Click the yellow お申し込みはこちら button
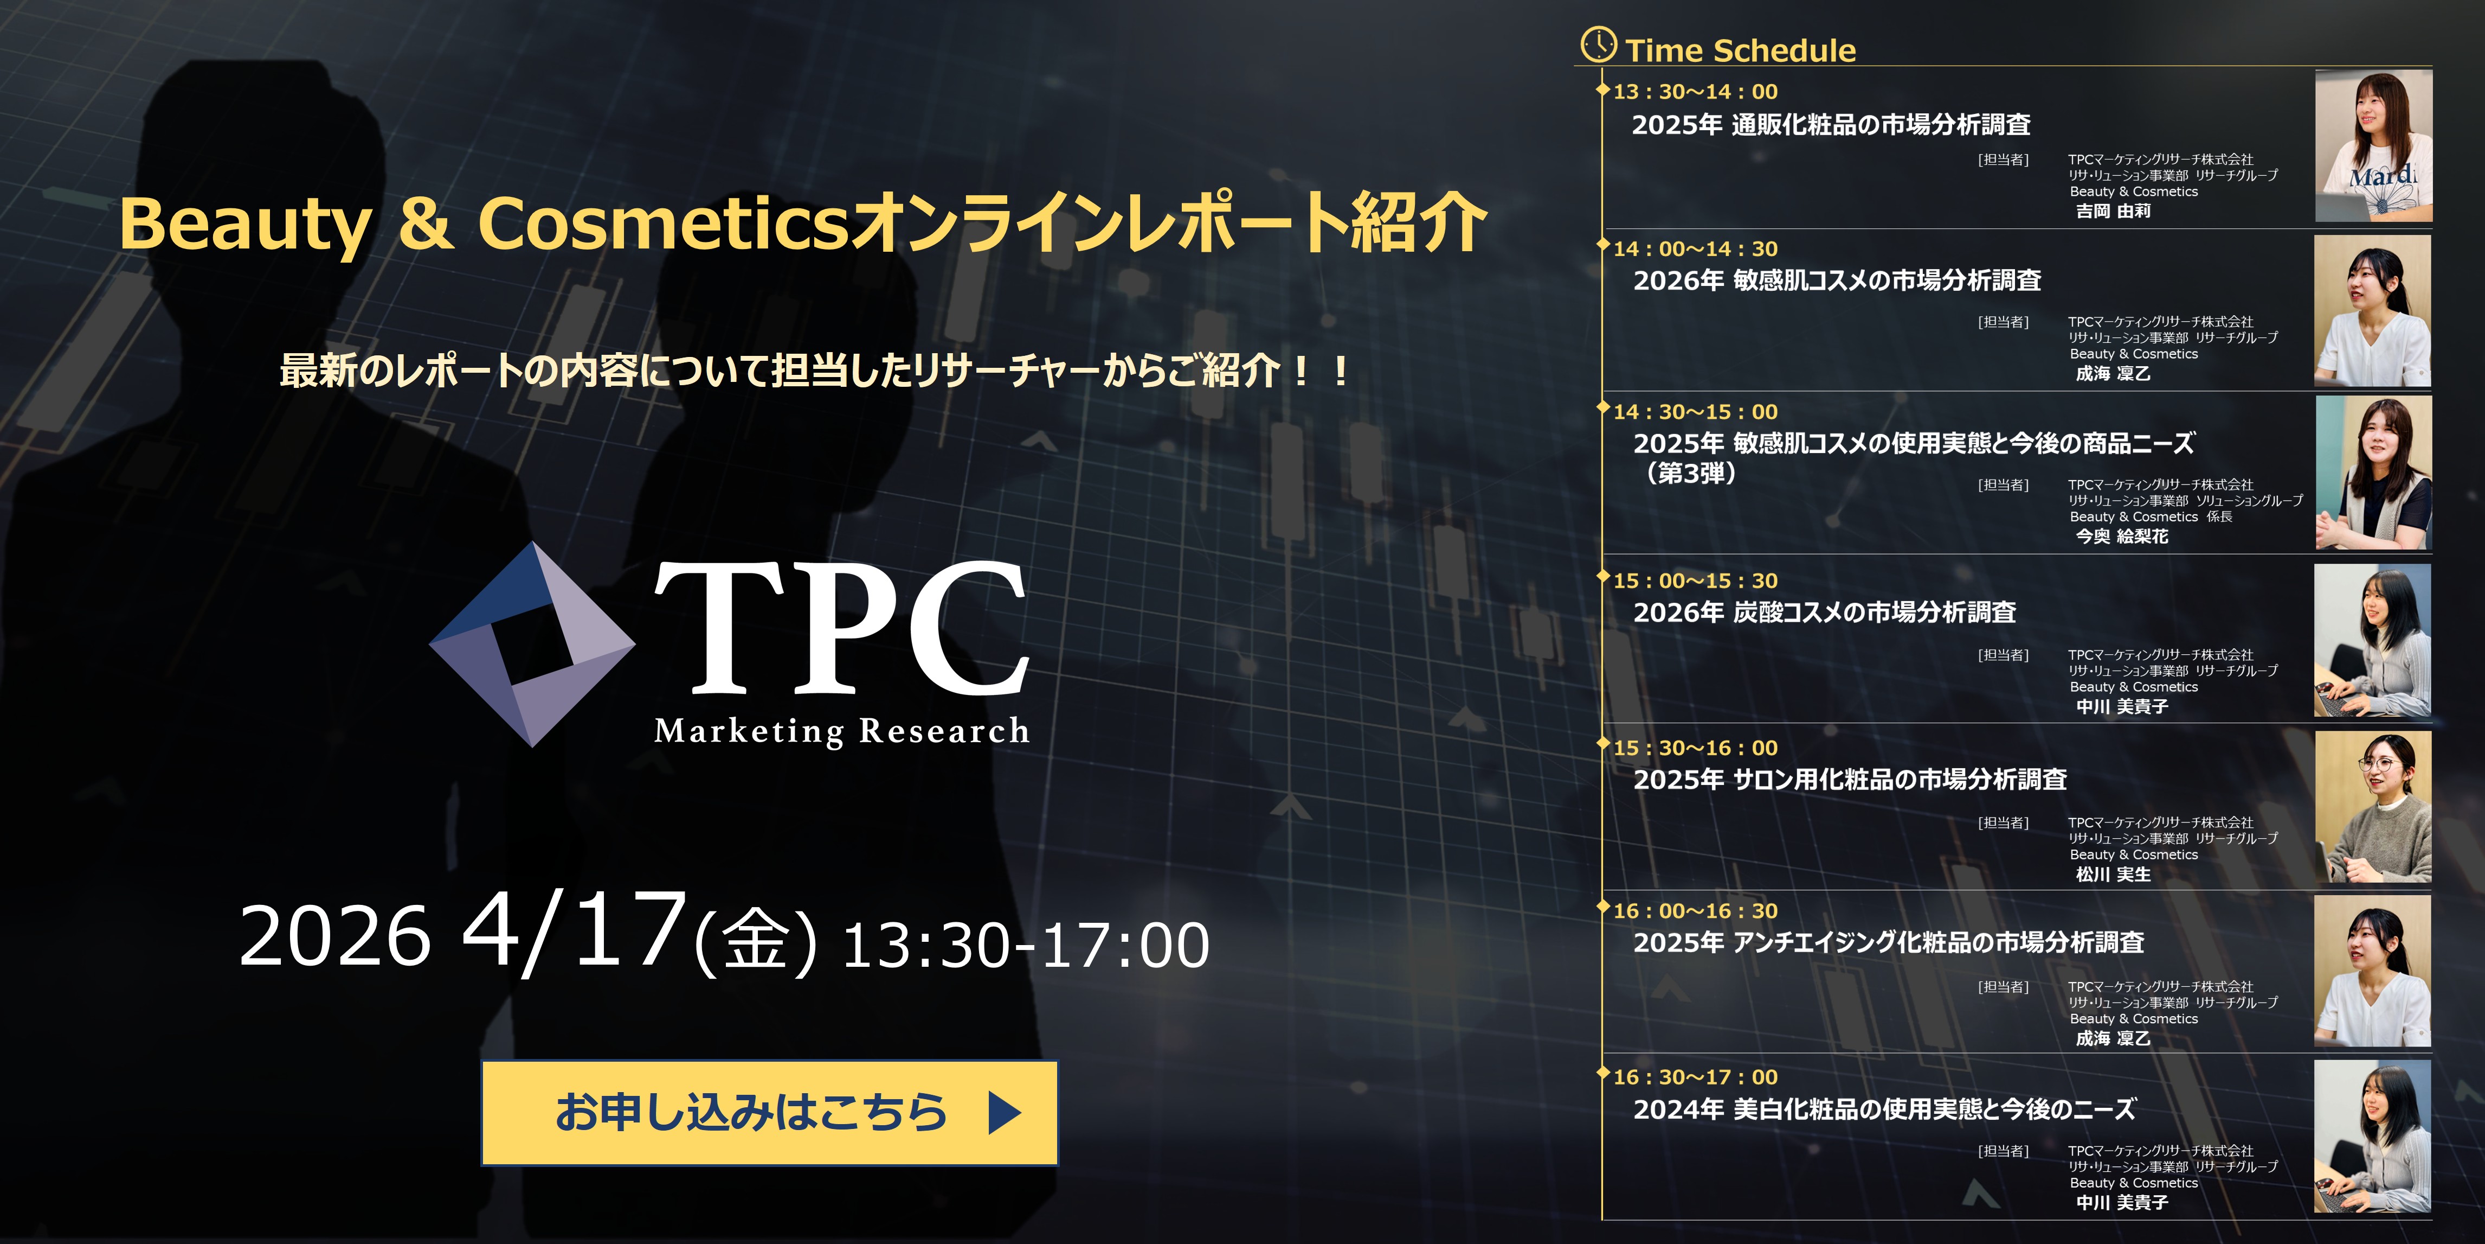[769, 1113]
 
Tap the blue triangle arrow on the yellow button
[1004, 1113]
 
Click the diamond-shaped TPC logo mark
[532, 644]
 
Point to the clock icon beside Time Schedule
[1599, 44]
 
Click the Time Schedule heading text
[1740, 50]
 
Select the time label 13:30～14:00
[1695, 92]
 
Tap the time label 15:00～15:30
[1695, 581]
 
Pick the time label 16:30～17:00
[1695, 1077]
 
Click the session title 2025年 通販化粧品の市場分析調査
[1831, 124]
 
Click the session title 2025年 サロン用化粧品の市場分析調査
[1849, 780]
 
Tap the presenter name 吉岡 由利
[2113, 210]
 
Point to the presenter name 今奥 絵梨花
[2121, 535]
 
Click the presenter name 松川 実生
[2113, 875]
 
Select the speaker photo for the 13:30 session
[2373, 146]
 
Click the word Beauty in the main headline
[245, 224]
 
